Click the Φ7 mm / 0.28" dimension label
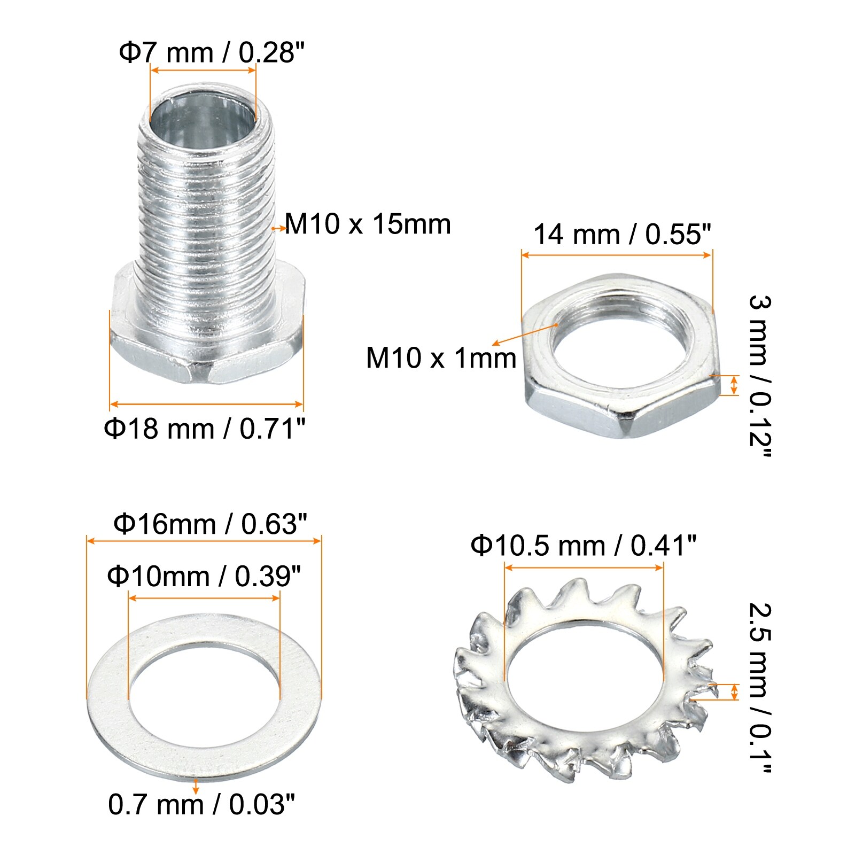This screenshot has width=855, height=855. click(212, 53)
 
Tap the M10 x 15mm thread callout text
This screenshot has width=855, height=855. click(368, 224)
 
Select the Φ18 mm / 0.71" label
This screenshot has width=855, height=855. click(205, 429)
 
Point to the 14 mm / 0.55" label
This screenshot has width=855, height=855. click(623, 235)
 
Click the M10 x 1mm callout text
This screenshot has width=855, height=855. click(441, 358)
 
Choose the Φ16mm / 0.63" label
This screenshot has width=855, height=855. click(211, 524)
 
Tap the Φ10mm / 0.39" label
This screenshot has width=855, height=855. click(204, 576)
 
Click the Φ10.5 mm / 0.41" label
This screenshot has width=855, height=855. click(584, 546)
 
